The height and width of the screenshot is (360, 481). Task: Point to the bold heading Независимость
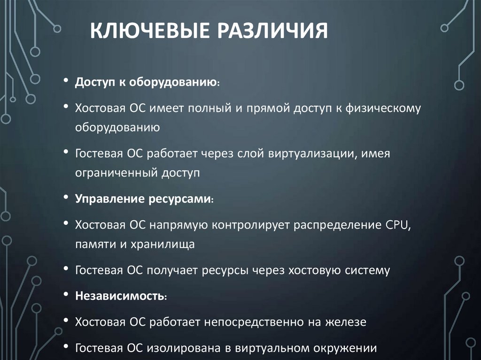[x=120, y=297]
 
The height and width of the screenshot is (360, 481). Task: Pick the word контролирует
[x=251, y=224]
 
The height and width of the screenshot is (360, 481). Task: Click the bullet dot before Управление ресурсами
[x=67, y=198]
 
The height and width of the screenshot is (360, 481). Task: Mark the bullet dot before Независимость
[x=67, y=296]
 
